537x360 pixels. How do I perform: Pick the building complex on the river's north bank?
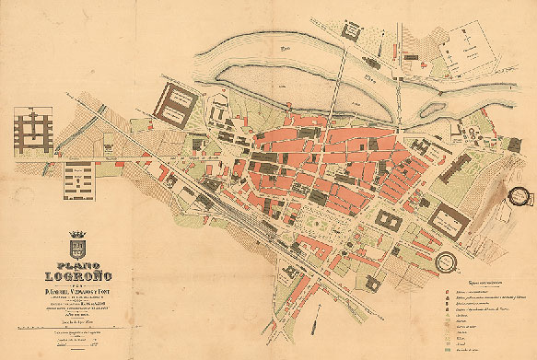(x=355, y=32)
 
